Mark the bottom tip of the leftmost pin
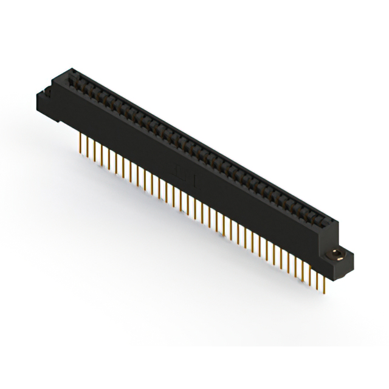coord(81,152)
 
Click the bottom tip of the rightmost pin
coord(326,291)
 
